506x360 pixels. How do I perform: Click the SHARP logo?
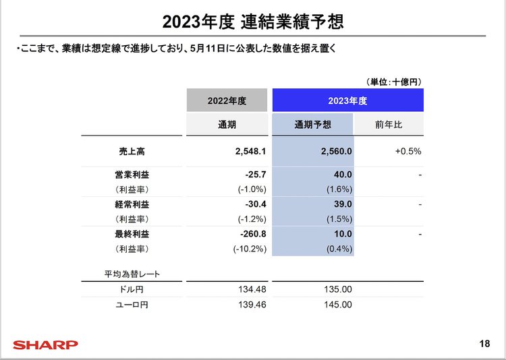[x=46, y=344]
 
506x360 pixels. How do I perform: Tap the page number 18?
[x=484, y=344]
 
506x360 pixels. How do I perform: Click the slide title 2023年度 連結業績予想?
[x=253, y=22]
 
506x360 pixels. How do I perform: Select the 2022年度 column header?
[x=227, y=101]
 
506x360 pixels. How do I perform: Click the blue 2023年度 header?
[x=347, y=101]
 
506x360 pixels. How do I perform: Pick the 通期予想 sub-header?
[x=313, y=125]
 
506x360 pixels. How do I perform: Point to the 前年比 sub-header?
[x=389, y=125]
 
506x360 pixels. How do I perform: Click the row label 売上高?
[x=132, y=152]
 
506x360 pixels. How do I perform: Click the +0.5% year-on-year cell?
[x=407, y=152]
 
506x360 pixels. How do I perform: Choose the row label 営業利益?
[x=132, y=175]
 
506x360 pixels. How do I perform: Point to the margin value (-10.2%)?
[x=248, y=249]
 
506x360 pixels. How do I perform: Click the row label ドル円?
[x=132, y=290]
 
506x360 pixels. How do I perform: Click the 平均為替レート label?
[x=132, y=274]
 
